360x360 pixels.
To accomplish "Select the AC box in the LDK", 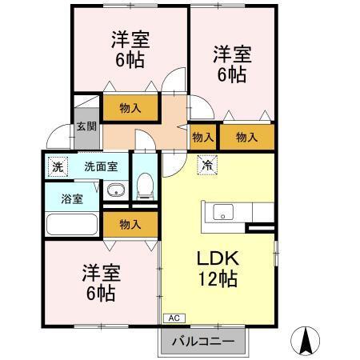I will [174, 318].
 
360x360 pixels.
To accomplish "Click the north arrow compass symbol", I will [306, 342].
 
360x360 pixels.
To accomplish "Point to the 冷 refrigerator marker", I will [206, 166].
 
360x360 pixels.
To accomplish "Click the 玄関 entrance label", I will [86, 126].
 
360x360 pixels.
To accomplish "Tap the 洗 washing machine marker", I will [57, 167].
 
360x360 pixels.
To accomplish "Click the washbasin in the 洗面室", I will [115, 190].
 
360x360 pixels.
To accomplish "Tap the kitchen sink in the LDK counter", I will [223, 212].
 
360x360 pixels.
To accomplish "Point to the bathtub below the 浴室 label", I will [71, 225].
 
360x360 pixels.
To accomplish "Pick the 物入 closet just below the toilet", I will [132, 224].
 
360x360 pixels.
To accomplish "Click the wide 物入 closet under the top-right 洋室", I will [246, 138].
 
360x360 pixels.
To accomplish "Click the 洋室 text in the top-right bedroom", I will [232, 54].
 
